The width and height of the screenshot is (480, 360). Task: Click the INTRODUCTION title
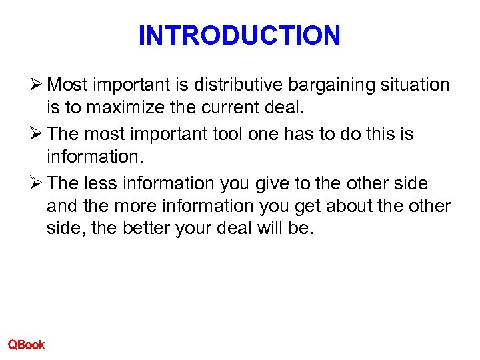pos(239,35)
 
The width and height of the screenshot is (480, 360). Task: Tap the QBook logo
pos(26,344)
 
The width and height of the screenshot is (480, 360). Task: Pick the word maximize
pos(115,109)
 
